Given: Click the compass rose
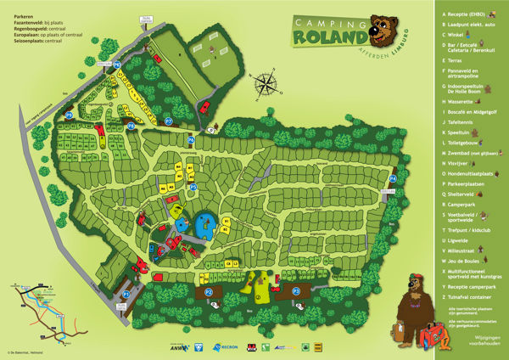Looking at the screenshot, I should point(266,84).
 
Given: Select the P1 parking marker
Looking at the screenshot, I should point(126,294).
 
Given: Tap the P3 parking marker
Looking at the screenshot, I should point(296,291).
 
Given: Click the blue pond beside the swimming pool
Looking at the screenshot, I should point(204,226).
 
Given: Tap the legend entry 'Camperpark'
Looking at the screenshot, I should point(460,205).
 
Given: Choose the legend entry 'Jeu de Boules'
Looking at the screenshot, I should point(461,262).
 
